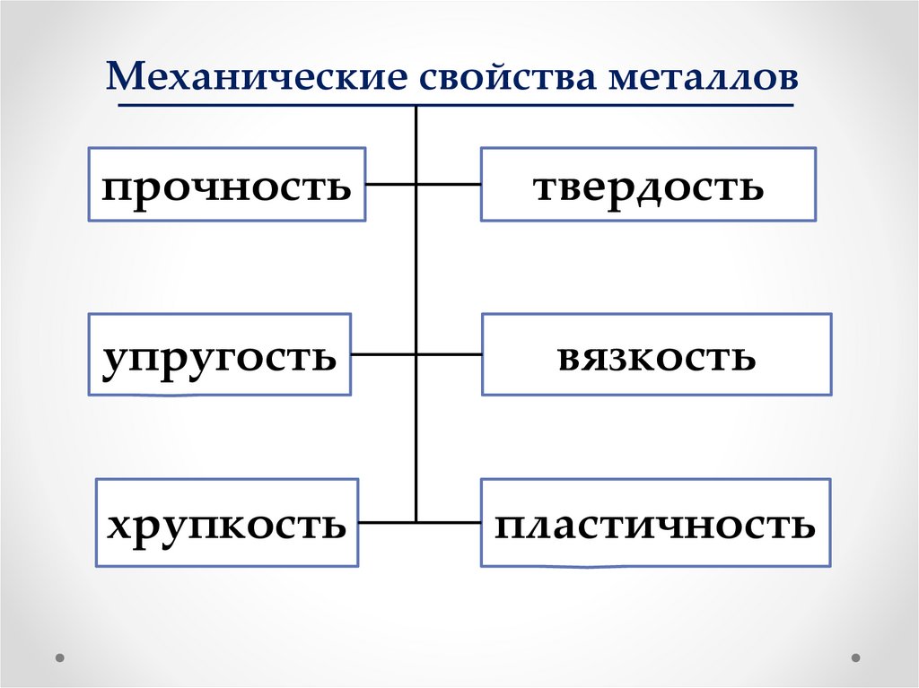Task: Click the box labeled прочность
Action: point(227,186)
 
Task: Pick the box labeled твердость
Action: point(648,185)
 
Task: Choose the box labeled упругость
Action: point(219,353)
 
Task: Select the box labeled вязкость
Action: point(656,353)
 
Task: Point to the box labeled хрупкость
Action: point(227,522)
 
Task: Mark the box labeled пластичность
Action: point(655,522)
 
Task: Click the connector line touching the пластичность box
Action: point(449,521)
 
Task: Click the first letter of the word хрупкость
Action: point(117,525)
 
